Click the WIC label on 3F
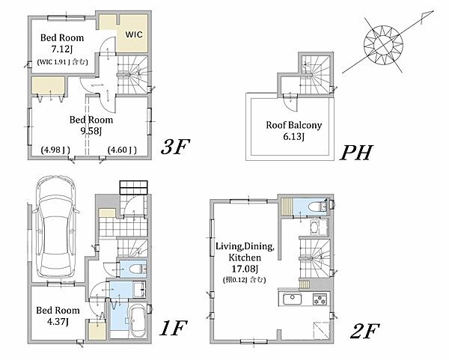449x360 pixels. (x=134, y=34)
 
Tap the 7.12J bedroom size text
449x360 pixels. (x=62, y=49)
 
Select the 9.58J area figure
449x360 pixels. (x=91, y=131)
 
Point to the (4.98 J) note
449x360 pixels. (x=55, y=150)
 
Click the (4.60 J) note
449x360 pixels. (x=122, y=150)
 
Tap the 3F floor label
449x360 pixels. (x=175, y=147)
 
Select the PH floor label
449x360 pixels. (x=356, y=153)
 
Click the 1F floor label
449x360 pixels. (x=174, y=328)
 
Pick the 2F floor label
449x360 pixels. (x=364, y=331)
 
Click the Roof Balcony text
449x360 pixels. (x=294, y=125)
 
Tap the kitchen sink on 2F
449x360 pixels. (x=292, y=299)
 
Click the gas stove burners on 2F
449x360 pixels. (x=321, y=299)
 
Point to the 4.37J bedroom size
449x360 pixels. (x=58, y=322)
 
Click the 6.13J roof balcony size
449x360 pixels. (x=294, y=137)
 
